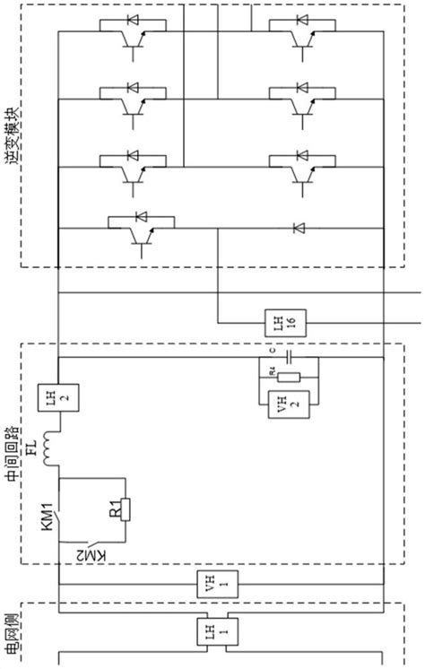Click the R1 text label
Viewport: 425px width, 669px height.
[x=115, y=512]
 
